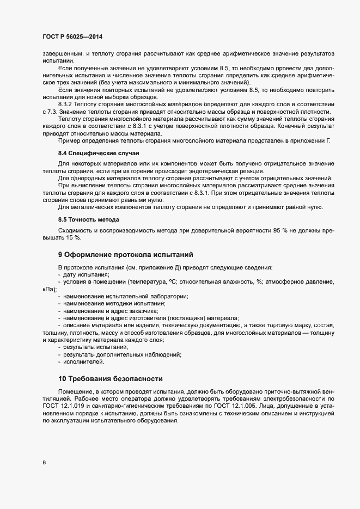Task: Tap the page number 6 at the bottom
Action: [x=44, y=463]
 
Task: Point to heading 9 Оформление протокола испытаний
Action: [x=125, y=254]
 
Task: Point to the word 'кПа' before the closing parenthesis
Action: [x=47, y=289]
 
